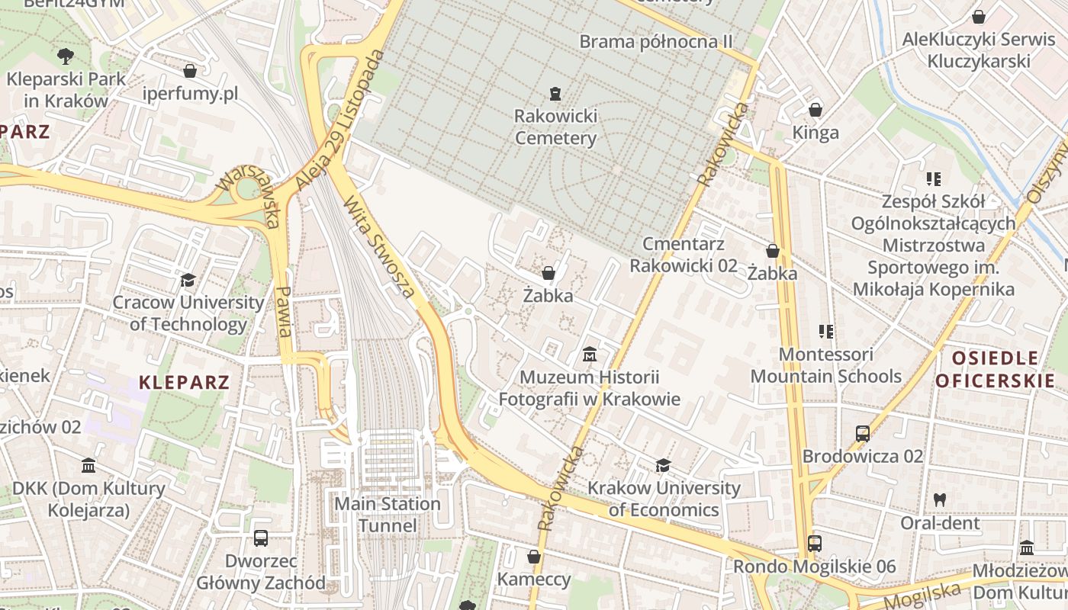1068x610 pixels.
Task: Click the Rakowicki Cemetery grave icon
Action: tap(555, 94)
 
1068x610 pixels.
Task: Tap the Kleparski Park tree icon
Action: tap(66, 55)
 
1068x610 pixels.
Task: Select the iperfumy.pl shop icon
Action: tap(190, 71)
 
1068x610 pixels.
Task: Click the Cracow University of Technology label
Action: tap(188, 313)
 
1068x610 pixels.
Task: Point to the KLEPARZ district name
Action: tap(184, 382)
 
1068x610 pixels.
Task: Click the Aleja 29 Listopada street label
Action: tap(339, 120)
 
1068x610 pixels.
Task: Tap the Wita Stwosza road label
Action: tap(379, 247)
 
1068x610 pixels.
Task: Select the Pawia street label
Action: tap(284, 311)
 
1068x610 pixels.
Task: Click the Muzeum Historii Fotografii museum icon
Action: tap(589, 355)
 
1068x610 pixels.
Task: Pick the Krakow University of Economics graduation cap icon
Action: tap(663, 465)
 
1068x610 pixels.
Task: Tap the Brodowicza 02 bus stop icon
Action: tap(862, 434)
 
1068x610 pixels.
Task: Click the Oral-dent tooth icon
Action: tap(939, 501)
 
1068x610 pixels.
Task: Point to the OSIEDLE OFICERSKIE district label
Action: tap(996, 369)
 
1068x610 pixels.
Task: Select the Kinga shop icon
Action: tap(815, 110)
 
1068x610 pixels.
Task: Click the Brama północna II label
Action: tap(655, 41)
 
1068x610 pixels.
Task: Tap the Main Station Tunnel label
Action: tap(388, 515)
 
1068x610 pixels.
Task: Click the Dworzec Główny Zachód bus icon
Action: tap(261, 538)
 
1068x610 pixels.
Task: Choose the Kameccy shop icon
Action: tap(534, 557)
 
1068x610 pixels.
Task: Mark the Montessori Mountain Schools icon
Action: tap(825, 332)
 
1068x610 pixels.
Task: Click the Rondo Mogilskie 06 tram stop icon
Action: tap(814, 544)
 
